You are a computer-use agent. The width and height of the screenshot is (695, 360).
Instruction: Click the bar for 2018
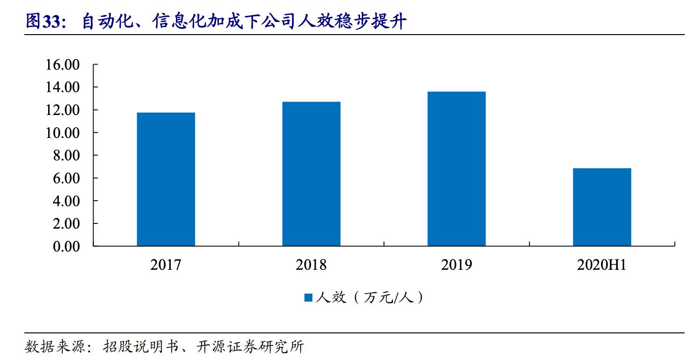[x=311, y=173]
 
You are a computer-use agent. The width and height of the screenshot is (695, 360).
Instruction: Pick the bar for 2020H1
[x=602, y=207]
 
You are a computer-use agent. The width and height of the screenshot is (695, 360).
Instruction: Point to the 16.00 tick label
[x=63, y=65]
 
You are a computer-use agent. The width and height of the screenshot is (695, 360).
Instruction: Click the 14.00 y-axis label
[x=63, y=87]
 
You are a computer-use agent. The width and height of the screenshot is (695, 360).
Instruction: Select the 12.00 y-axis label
[x=63, y=110]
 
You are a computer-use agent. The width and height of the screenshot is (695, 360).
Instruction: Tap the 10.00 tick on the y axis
[x=63, y=133]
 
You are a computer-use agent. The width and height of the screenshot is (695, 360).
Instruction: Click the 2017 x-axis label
[x=166, y=265]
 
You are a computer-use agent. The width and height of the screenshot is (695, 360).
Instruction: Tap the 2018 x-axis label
[x=311, y=265]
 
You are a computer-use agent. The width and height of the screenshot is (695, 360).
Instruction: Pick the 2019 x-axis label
[x=456, y=265]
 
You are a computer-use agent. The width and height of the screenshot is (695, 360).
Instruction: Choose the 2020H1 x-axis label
[x=601, y=265]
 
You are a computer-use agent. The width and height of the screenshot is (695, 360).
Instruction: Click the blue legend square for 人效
[x=308, y=298]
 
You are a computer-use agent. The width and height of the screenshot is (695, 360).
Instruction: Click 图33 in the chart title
[x=45, y=22]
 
